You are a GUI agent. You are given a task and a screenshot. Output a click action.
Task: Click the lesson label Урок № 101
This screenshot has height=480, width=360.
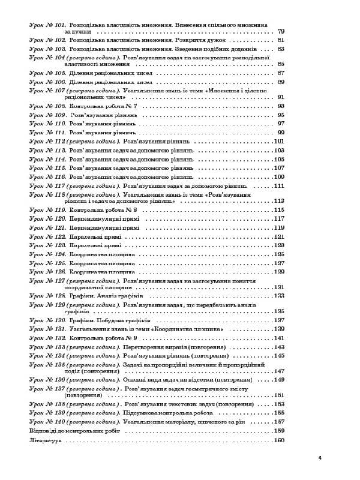click(47, 25)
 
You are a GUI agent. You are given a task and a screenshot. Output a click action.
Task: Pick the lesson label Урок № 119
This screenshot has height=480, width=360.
click(47, 211)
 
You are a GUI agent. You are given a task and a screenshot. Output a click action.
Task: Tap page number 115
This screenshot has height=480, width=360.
click(278, 211)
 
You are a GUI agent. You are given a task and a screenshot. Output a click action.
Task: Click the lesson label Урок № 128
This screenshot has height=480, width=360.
click(47, 296)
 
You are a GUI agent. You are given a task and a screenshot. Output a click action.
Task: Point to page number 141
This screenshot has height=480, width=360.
click(278, 338)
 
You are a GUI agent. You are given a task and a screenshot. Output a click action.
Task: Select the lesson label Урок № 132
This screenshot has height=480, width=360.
click(47, 338)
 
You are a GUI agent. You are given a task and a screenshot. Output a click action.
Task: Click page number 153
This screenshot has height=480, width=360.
click(278, 404)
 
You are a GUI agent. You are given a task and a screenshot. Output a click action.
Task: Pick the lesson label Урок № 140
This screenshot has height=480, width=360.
click(47, 422)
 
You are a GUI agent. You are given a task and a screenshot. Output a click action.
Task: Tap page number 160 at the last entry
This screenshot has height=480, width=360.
click(278, 441)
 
